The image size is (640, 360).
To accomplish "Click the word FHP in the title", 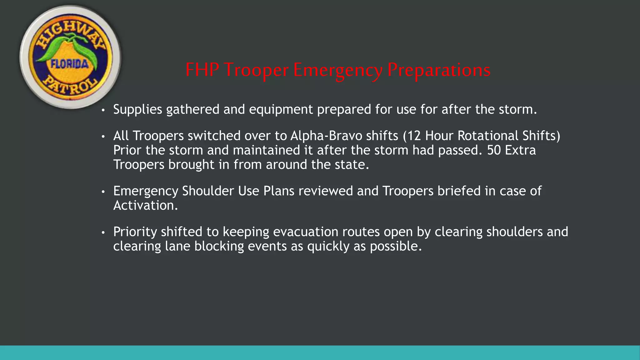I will (x=202, y=70).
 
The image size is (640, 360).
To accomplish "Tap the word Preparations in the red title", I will (x=439, y=70).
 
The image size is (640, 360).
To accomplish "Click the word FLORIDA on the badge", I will (x=69, y=64).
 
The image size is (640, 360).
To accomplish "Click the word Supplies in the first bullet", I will (x=137, y=109).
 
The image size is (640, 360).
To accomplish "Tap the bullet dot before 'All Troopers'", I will (x=103, y=137).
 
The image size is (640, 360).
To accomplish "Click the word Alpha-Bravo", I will (x=326, y=136).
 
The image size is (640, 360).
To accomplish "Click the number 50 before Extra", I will (x=494, y=150).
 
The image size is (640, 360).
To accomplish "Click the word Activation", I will (x=145, y=206).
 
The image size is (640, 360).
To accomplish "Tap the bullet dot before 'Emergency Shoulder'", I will (x=103, y=192).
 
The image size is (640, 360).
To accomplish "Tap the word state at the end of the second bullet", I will (x=351, y=165).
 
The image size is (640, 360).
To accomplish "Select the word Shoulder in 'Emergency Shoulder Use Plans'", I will (x=208, y=191).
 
